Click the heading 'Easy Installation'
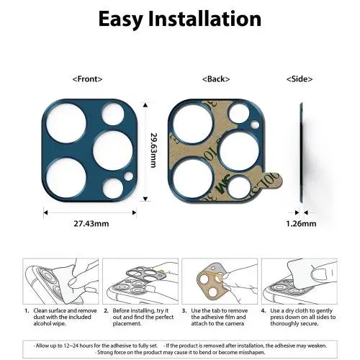[x=179, y=19]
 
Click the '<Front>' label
[x=87, y=78]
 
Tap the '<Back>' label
[x=216, y=78]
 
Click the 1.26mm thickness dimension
[x=302, y=225]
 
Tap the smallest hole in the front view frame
[x=129, y=176]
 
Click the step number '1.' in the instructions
[x=27, y=312]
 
